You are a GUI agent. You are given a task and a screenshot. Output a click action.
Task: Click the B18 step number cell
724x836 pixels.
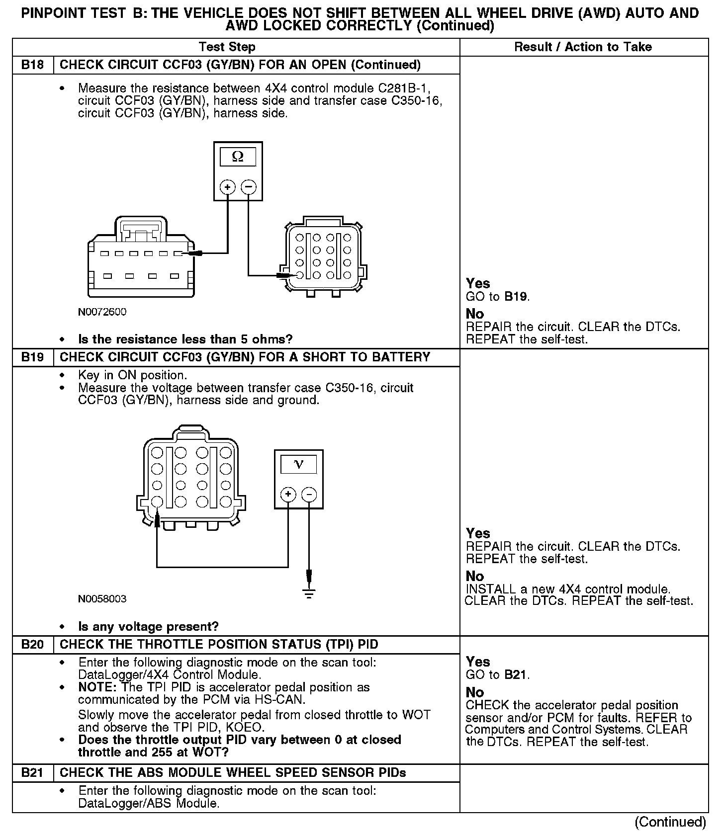[32, 65]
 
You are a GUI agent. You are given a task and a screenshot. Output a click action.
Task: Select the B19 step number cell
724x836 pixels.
[32, 357]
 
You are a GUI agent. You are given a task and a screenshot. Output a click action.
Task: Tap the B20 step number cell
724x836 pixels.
[32, 645]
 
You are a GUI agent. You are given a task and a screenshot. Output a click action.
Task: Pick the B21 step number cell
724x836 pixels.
[32, 773]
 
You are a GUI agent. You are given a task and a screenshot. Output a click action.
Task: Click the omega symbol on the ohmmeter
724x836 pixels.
[238, 157]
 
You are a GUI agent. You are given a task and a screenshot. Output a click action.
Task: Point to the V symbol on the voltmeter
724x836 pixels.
[298, 464]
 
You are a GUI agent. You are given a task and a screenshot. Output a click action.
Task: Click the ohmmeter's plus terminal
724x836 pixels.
[228, 187]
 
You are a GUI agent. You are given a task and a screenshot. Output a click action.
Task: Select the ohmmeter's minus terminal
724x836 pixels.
[249, 187]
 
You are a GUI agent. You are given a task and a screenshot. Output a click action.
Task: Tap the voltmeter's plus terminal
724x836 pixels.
[288, 495]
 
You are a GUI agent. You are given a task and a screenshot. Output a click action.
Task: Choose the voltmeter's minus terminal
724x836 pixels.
[309, 495]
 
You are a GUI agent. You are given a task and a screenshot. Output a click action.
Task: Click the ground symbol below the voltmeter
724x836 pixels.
[309, 592]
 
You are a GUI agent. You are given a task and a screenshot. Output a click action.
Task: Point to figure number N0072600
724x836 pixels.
[102, 312]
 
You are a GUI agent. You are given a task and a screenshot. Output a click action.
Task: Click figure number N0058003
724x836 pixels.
[102, 599]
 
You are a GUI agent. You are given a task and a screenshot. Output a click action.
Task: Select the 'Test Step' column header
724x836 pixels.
[227, 47]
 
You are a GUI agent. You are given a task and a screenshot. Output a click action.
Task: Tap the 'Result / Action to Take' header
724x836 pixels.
[583, 47]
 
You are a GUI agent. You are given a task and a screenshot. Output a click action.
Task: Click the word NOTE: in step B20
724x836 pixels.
[98, 687]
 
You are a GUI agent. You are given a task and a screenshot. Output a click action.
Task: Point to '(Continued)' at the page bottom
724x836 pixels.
[670, 822]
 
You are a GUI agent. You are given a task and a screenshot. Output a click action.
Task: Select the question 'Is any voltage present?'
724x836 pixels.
[148, 627]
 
